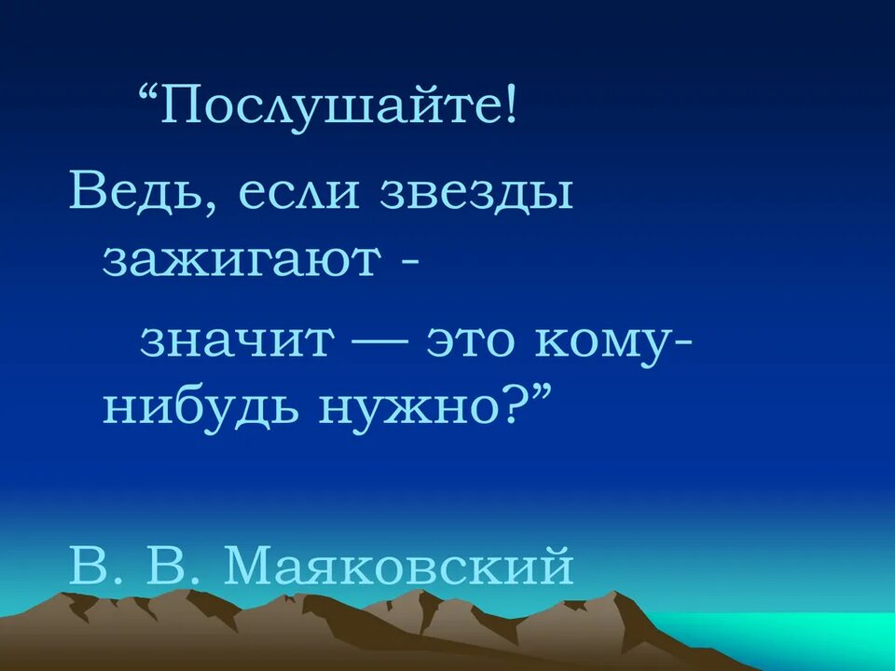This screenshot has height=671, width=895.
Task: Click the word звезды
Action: (x=477, y=194)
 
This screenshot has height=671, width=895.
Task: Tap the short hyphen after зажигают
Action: (x=410, y=263)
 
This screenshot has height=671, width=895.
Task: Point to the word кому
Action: (x=601, y=346)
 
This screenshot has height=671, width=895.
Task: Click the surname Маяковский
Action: (x=398, y=565)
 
